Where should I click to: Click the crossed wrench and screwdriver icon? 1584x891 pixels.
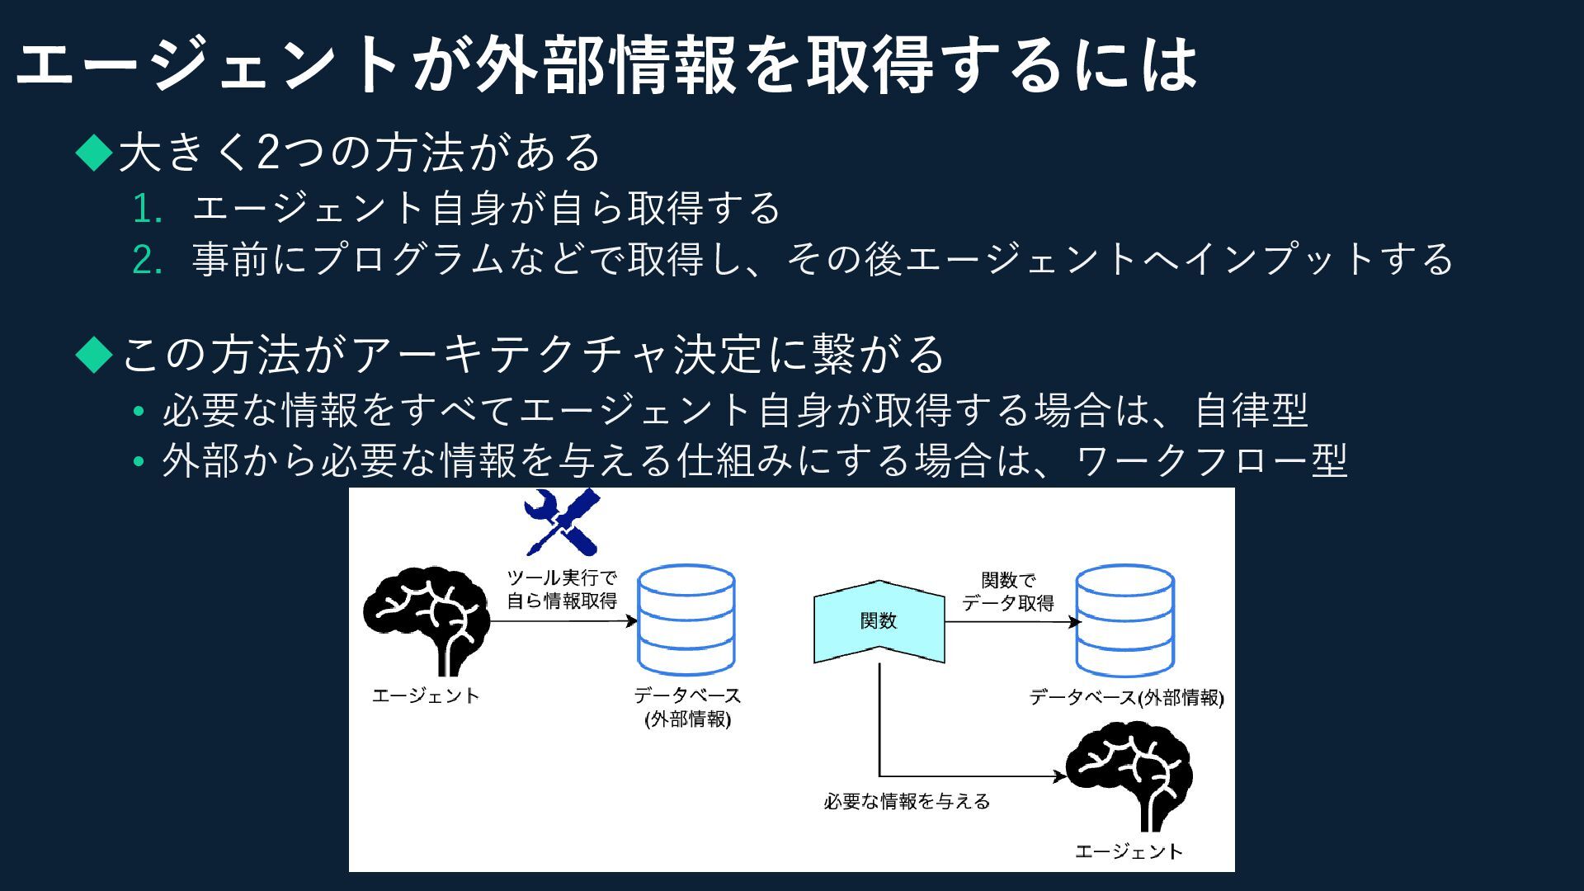click(x=562, y=521)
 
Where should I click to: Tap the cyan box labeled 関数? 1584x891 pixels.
click(x=879, y=621)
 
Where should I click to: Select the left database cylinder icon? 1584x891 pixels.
click(x=686, y=620)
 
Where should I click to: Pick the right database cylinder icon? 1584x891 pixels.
click(x=1124, y=620)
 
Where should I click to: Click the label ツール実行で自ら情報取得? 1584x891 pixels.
click(x=562, y=589)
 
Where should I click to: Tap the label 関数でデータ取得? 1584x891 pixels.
click(x=1008, y=592)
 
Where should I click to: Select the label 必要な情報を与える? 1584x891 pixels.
click(x=907, y=802)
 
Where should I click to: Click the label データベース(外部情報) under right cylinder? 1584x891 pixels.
click(x=1126, y=698)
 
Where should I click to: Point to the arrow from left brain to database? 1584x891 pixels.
click(x=561, y=621)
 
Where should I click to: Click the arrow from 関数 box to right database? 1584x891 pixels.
click(x=1011, y=622)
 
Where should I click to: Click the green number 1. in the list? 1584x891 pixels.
click(x=147, y=210)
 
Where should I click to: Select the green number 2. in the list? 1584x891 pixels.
click(x=147, y=261)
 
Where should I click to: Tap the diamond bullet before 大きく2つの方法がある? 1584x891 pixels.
click(x=94, y=153)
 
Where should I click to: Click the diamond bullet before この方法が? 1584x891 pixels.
click(x=94, y=354)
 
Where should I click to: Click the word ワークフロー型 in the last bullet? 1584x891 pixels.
click(x=1211, y=461)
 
